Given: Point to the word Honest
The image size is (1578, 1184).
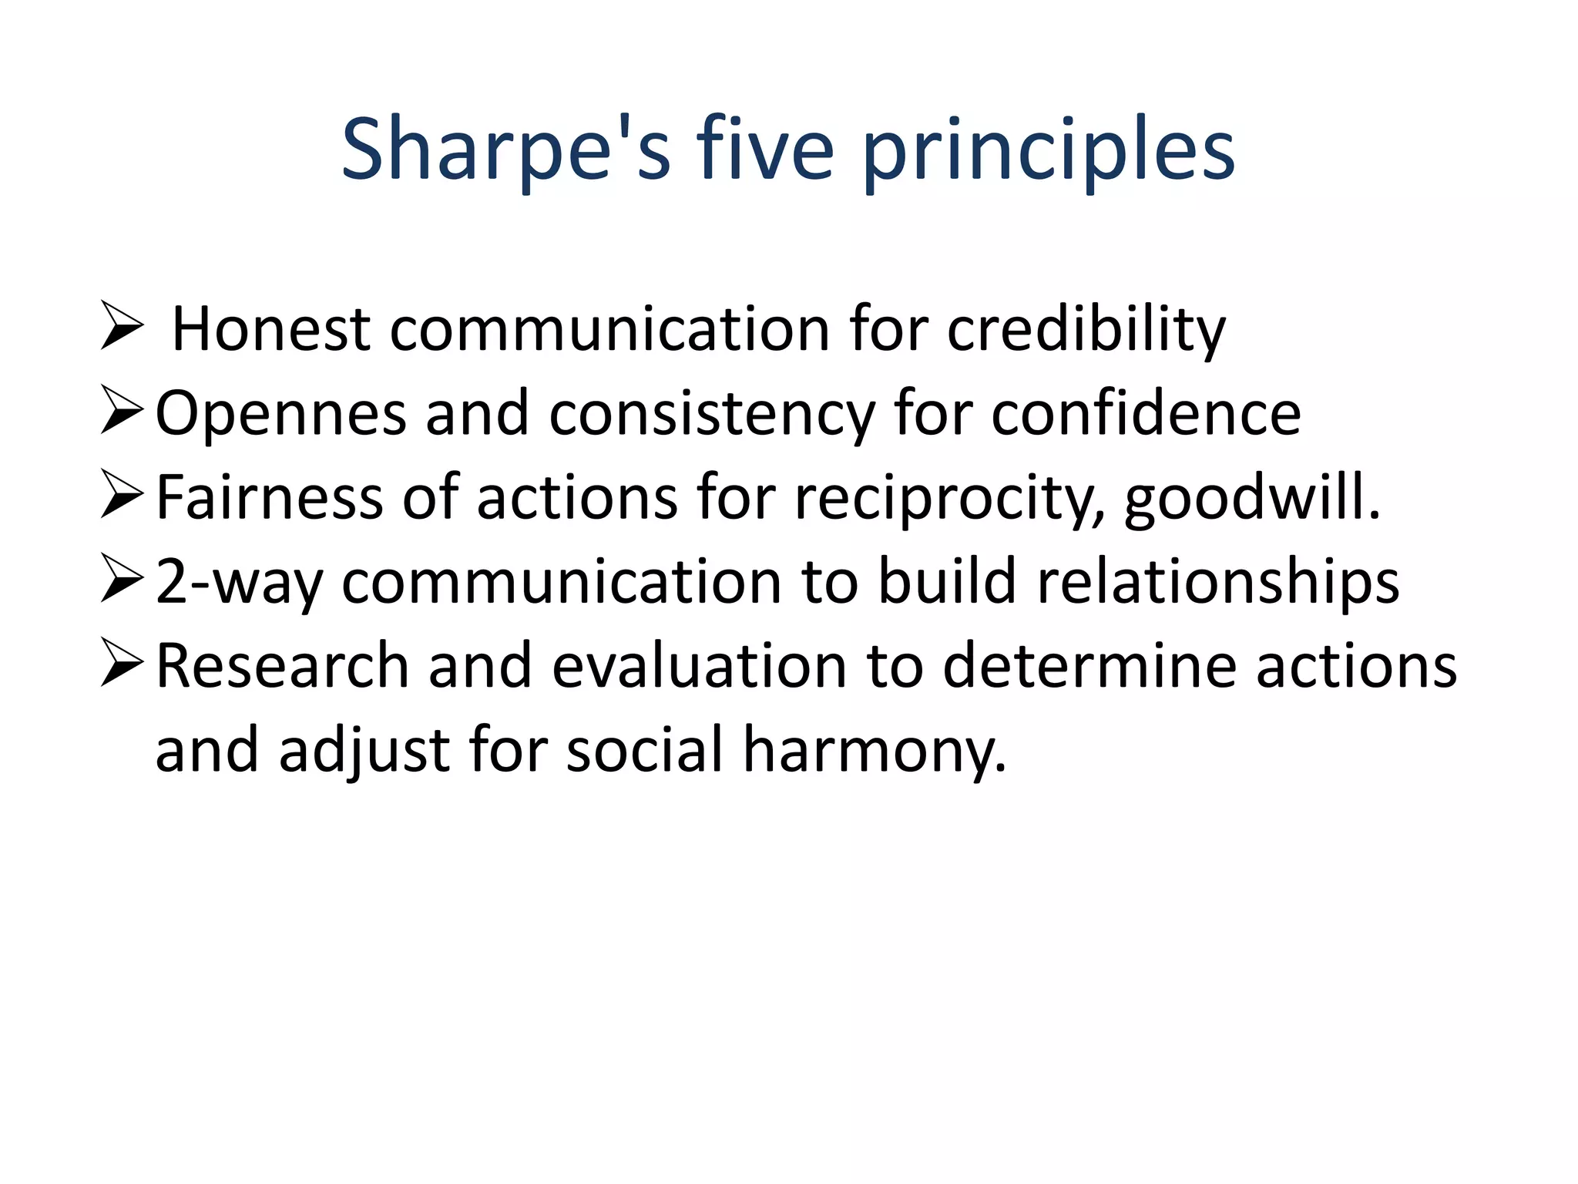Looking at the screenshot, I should coord(270,330).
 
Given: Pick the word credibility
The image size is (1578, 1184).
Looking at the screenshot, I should coord(1086,330).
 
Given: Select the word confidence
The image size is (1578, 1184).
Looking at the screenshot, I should coord(1146,414).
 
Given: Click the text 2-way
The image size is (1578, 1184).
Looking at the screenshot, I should coord(239,582).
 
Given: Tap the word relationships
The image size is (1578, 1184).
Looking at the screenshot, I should coord(1218,582).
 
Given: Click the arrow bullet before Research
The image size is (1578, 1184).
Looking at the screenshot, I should coord(122,664).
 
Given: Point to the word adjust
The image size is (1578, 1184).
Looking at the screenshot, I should coord(364,750).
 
